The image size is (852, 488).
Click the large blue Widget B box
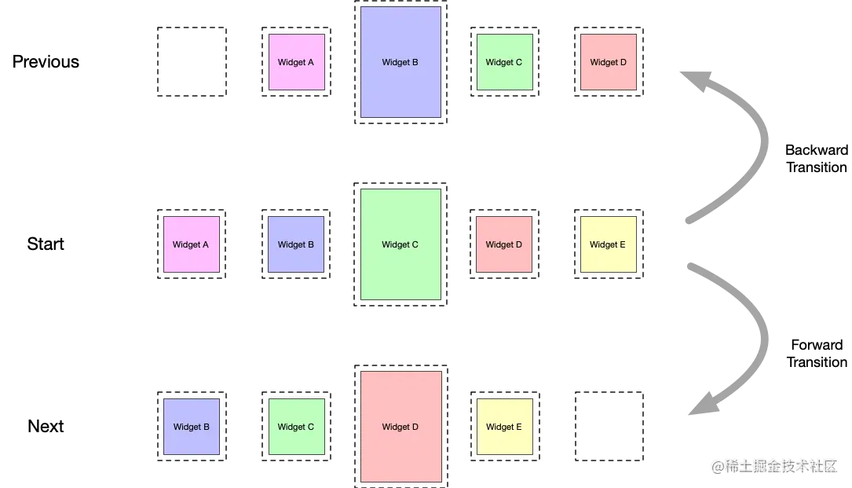[400, 62]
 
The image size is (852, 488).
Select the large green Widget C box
[400, 244]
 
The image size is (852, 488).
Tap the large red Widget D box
[400, 427]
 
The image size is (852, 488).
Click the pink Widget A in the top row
[296, 62]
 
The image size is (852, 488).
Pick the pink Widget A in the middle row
[191, 244]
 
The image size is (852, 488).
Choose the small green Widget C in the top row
[504, 62]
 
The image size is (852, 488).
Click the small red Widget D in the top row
[609, 62]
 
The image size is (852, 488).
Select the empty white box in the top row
[192, 62]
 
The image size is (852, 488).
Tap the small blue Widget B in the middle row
[296, 244]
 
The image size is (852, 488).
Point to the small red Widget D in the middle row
[504, 244]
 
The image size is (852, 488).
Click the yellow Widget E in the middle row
[609, 244]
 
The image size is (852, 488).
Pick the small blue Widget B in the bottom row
[192, 427]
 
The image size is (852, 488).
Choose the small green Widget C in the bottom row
[296, 427]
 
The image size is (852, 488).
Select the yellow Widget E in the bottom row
[504, 427]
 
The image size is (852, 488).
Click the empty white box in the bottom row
[609, 427]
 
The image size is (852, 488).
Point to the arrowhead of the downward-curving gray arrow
[704, 404]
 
